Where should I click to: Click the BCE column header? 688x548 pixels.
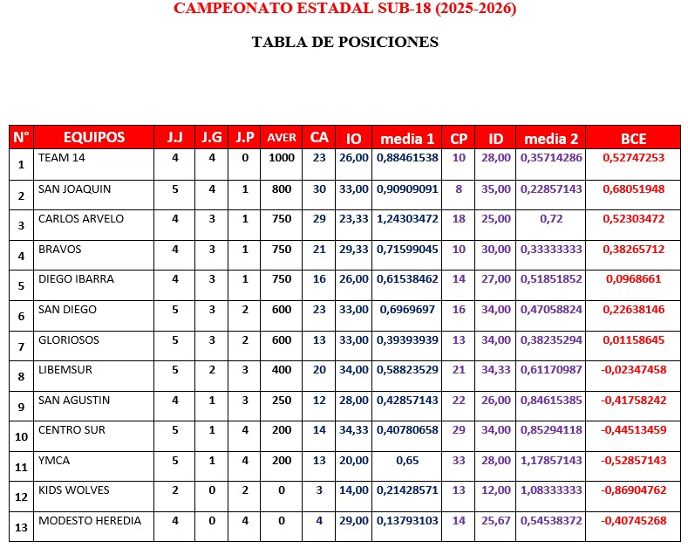(633, 138)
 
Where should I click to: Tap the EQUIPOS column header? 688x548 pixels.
(94, 137)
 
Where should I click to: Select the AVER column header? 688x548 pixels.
(281, 138)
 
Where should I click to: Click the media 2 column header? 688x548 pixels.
(551, 138)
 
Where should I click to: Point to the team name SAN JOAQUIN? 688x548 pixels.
(74, 188)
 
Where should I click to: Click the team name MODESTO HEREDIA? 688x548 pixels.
(89, 520)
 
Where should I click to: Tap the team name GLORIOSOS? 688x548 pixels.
(69, 339)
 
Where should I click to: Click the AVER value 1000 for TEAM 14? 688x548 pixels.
(281, 158)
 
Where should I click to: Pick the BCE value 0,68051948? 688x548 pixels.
(633, 188)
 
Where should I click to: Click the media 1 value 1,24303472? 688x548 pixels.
(407, 219)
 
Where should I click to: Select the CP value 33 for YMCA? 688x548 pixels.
(459, 460)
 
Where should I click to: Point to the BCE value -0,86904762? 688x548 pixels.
(633, 490)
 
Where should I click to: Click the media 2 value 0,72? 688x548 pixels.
(551, 219)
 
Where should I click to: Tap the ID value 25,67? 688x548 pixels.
(496, 521)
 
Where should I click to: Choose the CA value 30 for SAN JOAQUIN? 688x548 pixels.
(319, 188)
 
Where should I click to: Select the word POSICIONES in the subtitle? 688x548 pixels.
(390, 41)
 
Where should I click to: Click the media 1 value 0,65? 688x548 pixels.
(407, 460)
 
